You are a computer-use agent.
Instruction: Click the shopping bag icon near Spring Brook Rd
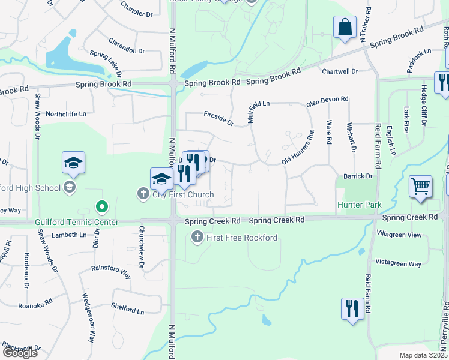[x=345, y=28]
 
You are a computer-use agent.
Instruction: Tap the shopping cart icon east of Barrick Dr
[x=421, y=187]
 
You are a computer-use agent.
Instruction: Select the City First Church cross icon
[x=143, y=194]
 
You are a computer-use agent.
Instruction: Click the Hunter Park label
[x=359, y=205]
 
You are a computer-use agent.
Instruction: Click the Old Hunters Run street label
[x=298, y=148]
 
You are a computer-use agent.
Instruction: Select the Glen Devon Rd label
[x=327, y=100]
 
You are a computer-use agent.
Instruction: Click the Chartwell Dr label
[x=340, y=71]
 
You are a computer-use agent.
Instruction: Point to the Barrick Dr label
[x=358, y=176]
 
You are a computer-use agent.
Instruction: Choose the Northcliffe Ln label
[x=66, y=113]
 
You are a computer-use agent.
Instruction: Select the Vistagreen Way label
[x=398, y=263]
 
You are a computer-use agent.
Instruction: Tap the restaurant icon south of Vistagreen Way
[x=351, y=309]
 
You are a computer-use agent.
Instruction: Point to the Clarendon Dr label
[x=127, y=46]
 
